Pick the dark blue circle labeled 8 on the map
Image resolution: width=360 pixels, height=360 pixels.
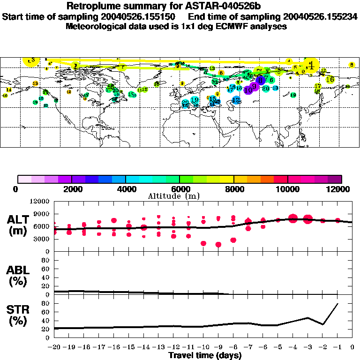(261, 81)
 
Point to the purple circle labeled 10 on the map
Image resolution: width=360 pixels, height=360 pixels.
(248, 90)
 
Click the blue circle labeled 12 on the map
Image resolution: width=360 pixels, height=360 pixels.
(236, 100)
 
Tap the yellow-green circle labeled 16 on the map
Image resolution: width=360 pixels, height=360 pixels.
(330, 80)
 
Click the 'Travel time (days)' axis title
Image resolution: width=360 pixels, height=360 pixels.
(205, 356)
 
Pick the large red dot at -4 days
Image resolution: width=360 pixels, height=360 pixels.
(293, 218)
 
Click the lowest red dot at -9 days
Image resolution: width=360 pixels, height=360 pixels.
(218, 245)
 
